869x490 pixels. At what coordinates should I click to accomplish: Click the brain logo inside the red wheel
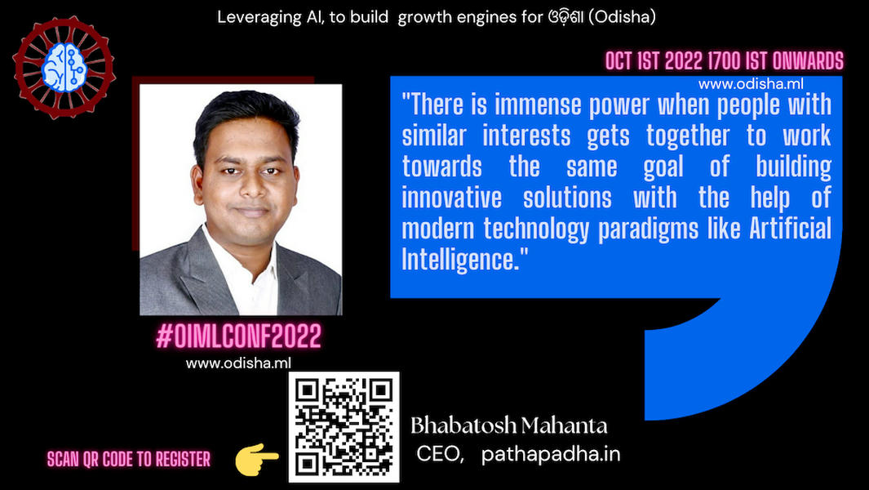64,68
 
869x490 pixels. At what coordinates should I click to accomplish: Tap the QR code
344,427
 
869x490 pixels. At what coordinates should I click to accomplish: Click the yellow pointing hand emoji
256,459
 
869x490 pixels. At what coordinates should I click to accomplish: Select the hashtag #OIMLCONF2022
239,336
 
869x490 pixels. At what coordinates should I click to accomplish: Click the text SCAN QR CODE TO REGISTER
129,460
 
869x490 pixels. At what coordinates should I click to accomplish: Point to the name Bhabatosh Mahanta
509,425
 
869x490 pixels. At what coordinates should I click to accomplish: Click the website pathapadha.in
550,455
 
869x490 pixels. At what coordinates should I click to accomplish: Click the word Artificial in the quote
791,228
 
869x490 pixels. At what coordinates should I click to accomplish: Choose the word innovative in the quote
452,198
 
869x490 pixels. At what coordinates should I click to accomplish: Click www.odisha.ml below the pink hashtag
238,363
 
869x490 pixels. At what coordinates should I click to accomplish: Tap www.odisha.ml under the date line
751,84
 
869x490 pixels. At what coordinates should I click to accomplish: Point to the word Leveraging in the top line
259,18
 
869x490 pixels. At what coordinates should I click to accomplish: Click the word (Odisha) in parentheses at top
622,17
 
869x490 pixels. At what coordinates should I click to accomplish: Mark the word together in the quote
688,136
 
